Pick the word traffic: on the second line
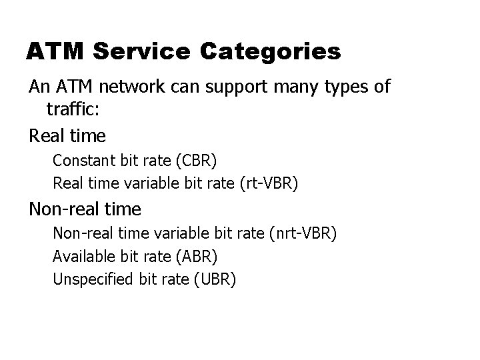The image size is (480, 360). (x=73, y=109)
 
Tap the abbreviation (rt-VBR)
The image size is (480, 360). (x=267, y=183)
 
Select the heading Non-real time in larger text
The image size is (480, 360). (x=85, y=209)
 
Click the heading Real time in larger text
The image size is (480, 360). (x=67, y=136)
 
